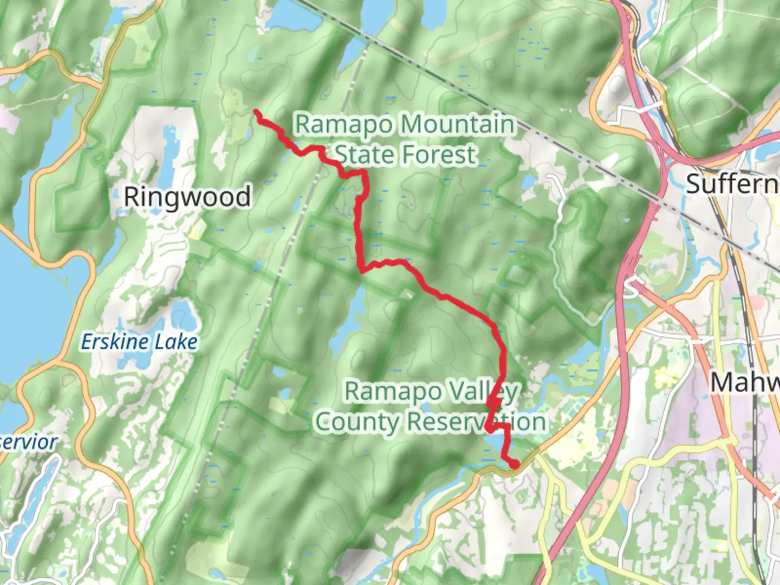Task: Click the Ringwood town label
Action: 187,197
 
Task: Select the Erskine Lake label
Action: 139,342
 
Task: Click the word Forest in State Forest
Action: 441,154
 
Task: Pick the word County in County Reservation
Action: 357,422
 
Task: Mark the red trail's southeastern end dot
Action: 513,464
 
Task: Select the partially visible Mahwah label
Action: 745,382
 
